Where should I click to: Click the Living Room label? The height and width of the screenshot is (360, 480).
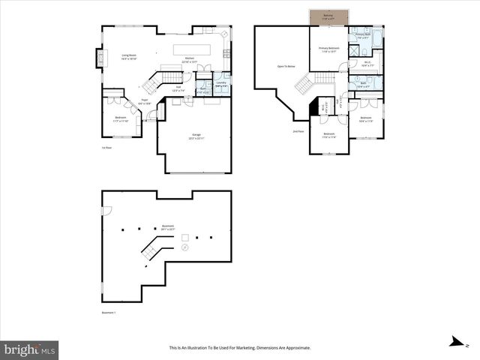(129, 56)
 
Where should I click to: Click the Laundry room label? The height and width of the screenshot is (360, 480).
(221, 83)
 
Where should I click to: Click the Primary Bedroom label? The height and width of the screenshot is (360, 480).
(328, 49)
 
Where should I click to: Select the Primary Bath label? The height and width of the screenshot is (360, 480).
(363, 36)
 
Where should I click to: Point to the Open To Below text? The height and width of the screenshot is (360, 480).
(286, 67)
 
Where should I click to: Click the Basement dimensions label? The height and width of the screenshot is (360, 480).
(168, 227)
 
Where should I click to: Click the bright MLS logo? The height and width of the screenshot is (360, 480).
(30, 349)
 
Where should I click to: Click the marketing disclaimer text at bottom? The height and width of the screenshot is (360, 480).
(239, 348)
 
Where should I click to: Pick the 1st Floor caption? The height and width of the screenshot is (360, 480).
(106, 148)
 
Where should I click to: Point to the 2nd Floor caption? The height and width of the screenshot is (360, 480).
(298, 131)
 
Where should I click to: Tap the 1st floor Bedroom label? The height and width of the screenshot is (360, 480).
(121, 119)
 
